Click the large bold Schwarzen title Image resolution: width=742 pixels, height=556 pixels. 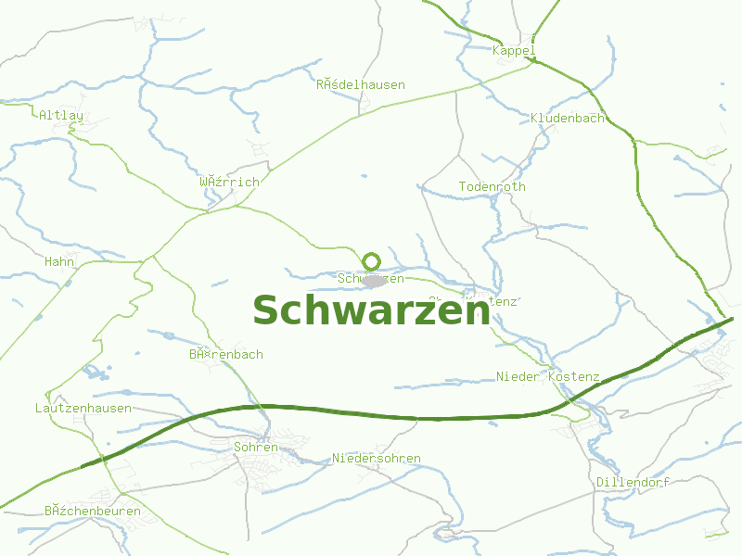click(x=371, y=310)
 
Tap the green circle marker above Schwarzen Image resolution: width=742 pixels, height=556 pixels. click(x=372, y=261)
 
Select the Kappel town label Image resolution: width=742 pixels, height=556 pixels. click(x=515, y=50)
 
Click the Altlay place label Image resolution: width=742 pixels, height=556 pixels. click(x=61, y=116)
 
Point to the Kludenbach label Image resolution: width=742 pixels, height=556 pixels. click(x=568, y=119)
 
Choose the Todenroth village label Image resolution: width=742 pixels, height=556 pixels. click(x=492, y=187)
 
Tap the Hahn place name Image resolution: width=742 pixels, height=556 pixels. click(x=59, y=262)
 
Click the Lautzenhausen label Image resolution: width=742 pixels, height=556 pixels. click(x=83, y=409)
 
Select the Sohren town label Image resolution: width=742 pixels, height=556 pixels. click(x=256, y=448)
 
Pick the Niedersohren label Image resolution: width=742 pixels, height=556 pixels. click(x=377, y=459)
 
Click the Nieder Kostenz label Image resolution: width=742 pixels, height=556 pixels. click(x=548, y=377)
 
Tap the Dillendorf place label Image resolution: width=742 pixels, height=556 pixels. click(x=633, y=483)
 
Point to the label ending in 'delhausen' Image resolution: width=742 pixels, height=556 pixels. click(x=361, y=85)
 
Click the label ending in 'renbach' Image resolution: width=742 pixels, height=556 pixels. click(x=226, y=355)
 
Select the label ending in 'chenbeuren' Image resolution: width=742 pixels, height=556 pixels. click(x=93, y=512)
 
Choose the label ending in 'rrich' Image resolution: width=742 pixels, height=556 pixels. click(x=229, y=183)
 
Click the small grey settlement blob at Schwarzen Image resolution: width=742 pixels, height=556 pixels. click(x=375, y=281)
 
